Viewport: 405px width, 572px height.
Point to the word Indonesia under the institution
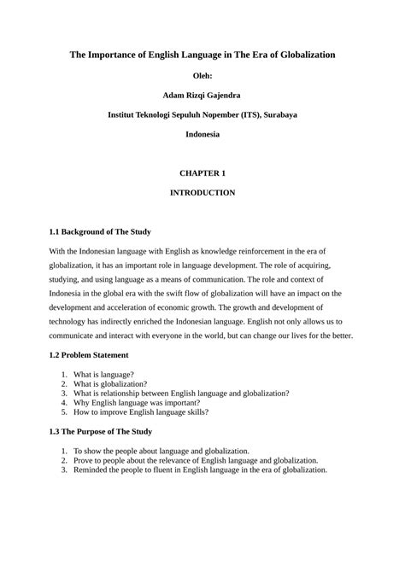tap(202, 134)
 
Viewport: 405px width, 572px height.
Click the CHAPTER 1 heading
tap(202, 173)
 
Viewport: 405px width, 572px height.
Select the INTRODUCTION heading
tap(202, 193)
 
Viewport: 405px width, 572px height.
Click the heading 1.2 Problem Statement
tap(89, 353)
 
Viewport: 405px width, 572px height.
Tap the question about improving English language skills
tap(140, 413)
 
